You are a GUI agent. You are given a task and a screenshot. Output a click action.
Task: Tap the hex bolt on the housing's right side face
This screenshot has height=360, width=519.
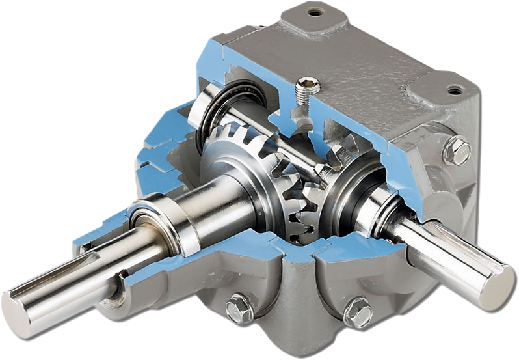tap(457, 152)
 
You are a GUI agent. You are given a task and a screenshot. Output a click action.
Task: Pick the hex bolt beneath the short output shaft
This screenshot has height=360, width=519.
tap(357, 312)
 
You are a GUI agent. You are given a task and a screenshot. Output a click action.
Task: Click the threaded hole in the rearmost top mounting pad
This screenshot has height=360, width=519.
tap(315, 12)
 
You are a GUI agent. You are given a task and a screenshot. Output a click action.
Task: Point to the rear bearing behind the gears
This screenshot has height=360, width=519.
tap(221, 111)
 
